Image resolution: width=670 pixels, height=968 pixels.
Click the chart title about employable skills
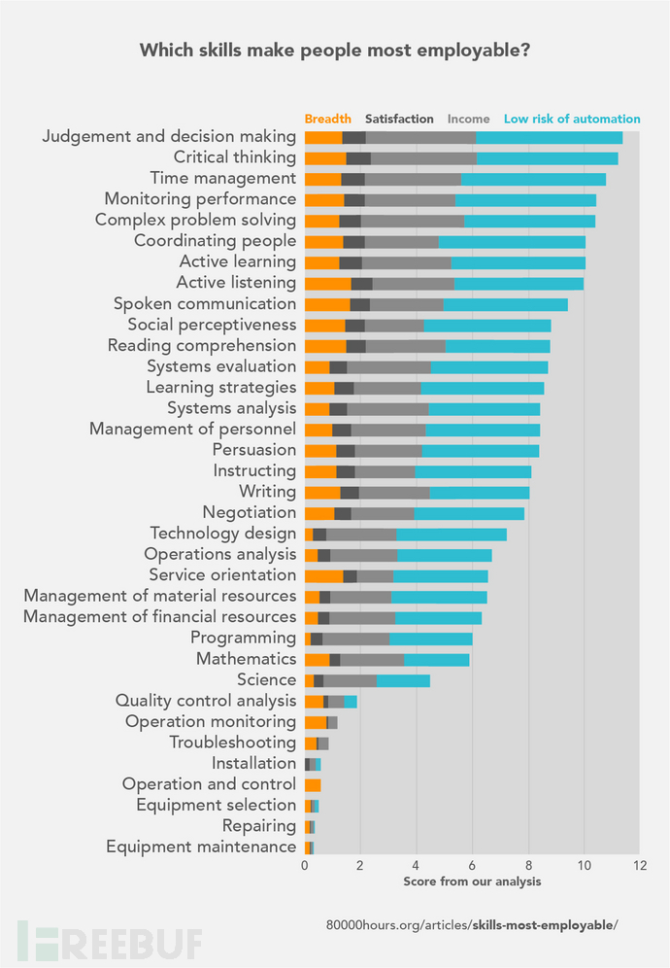click(335, 51)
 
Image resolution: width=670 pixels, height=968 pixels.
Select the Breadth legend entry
click(328, 119)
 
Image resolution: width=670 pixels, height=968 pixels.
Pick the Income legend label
click(468, 119)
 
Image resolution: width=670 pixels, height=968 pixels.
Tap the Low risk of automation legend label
click(572, 119)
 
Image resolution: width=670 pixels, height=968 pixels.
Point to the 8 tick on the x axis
click(528, 865)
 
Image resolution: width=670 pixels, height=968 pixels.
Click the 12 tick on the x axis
click(638, 865)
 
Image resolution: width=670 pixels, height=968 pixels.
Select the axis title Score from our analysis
click(472, 882)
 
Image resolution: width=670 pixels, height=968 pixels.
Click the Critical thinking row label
click(234, 157)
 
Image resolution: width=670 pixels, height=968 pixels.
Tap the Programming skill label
click(243, 638)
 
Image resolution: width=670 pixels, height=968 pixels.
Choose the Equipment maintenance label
click(201, 847)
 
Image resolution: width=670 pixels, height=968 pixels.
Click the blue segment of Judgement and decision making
click(549, 137)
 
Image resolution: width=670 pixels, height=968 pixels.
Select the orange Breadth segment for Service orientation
click(323, 575)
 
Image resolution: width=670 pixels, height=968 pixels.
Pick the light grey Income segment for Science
click(350, 680)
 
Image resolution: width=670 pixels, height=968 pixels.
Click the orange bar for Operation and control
click(313, 784)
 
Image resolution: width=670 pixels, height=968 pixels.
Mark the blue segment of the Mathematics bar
click(436, 659)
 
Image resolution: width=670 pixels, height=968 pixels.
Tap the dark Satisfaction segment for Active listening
click(361, 283)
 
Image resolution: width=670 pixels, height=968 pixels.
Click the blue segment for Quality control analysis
click(351, 701)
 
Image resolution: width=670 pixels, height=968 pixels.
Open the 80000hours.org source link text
click(472, 924)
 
